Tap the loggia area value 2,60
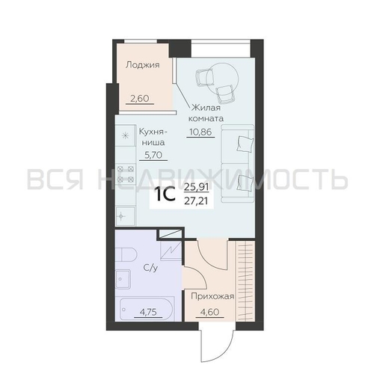coord(140,97)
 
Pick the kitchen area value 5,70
coord(153,155)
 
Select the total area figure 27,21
coord(198,202)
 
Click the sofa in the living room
coord(241,165)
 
